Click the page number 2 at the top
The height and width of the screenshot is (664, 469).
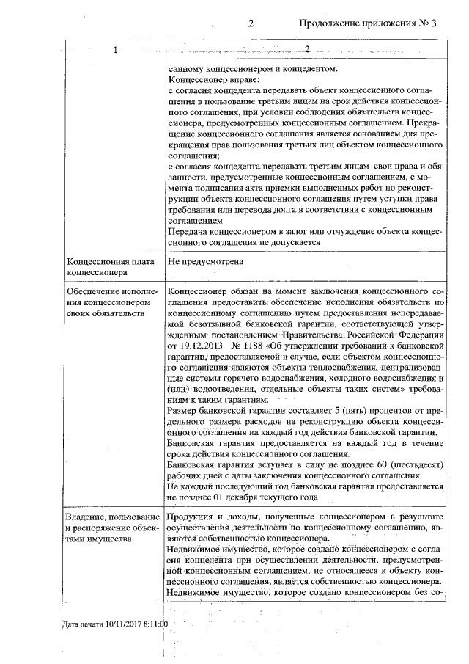pos(251,23)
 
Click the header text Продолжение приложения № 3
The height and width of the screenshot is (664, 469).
pos(368,23)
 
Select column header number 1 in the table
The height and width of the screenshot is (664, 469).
pos(115,50)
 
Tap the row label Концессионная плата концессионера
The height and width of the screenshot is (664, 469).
pos(99,266)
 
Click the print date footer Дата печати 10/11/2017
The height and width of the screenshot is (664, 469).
pos(114,624)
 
